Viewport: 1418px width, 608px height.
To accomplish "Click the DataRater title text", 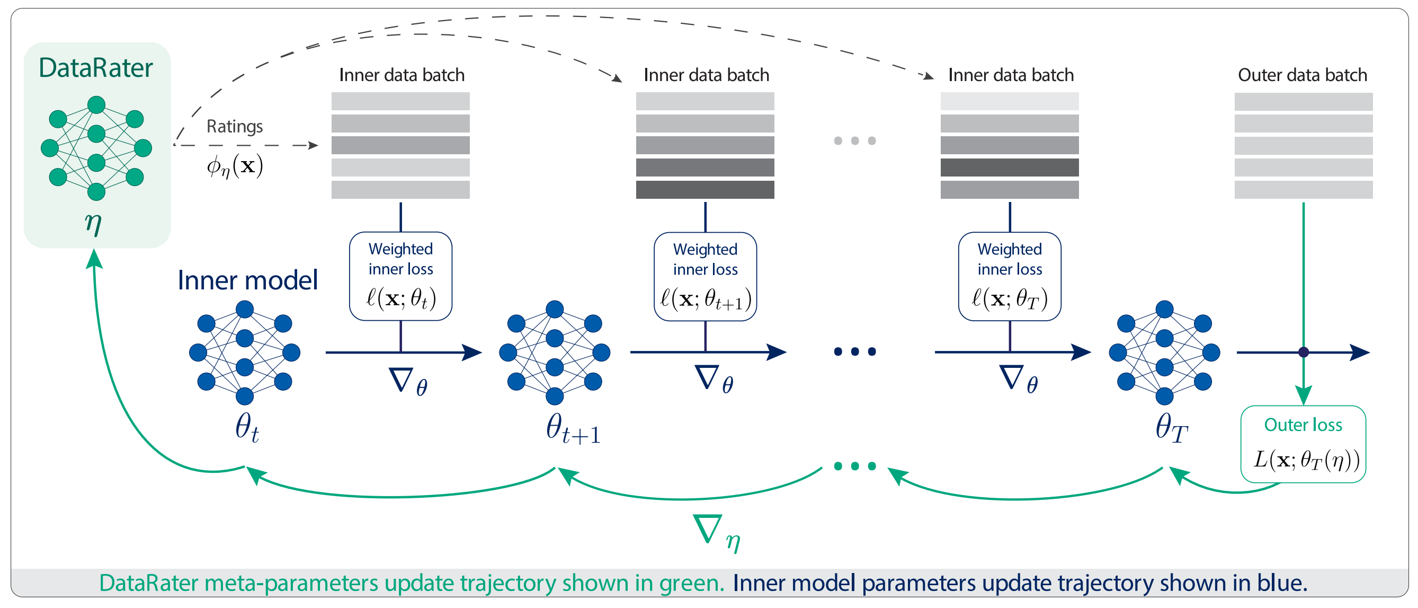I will tap(95, 68).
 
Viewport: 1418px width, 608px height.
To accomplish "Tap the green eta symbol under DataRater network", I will tap(93, 223).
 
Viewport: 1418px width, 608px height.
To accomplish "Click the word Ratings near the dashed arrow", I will tap(235, 126).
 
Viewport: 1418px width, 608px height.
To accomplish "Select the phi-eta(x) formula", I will tap(235, 165).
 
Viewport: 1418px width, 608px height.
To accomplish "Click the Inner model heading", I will tap(247, 280).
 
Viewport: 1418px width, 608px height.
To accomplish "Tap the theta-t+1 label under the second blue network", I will tap(573, 428).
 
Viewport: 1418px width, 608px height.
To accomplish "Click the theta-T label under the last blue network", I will tap(1171, 428).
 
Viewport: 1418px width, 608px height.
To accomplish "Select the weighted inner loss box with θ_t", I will tap(400, 276).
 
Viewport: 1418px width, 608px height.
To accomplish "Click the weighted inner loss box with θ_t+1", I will tap(704, 276).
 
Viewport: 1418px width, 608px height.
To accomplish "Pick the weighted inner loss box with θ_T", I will tap(1009, 276).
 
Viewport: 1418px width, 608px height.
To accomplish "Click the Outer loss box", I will tap(1303, 444).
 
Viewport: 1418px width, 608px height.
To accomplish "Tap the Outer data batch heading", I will tap(1302, 75).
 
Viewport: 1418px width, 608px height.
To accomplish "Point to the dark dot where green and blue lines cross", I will tap(1303, 352).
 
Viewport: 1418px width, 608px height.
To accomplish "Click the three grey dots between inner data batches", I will tap(854, 140).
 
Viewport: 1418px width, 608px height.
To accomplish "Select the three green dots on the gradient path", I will tap(854, 466).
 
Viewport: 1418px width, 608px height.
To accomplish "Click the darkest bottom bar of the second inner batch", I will tap(704, 189).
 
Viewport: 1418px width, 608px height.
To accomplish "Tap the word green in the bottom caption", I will tap(689, 583).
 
